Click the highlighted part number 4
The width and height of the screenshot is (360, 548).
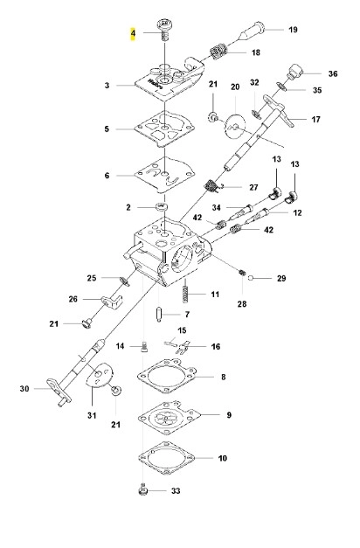point(133,33)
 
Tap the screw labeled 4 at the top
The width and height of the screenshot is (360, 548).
point(163,30)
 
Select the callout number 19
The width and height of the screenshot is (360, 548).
point(293,30)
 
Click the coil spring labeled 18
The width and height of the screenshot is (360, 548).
point(219,52)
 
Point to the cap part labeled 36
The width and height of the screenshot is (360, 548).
point(294,71)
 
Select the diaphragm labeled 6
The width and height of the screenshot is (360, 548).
point(164,175)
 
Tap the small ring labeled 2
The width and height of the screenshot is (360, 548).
point(161,206)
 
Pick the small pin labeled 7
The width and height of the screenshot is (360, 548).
point(159,314)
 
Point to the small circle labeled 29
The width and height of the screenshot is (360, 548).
point(250,278)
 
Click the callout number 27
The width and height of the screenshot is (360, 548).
point(253,187)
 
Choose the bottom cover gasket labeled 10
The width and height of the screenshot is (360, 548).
point(166,457)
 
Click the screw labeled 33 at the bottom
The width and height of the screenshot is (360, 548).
point(142,489)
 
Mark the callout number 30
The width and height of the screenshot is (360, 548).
point(24,389)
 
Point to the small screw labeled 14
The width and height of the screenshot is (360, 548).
point(144,347)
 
